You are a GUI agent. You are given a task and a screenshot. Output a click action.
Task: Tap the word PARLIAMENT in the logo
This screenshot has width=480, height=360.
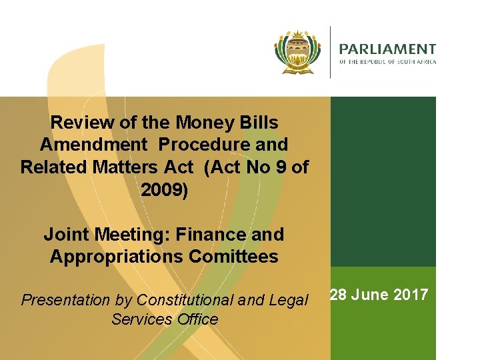[387, 49]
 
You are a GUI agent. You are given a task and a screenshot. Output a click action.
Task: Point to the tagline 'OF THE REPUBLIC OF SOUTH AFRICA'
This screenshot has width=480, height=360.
[387, 62]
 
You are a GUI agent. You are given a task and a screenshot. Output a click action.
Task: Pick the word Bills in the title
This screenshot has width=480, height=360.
[258, 123]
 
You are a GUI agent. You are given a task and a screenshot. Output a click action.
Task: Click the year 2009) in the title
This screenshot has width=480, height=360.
[165, 190]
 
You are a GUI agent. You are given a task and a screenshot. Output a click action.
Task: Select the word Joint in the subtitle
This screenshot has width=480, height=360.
[65, 235]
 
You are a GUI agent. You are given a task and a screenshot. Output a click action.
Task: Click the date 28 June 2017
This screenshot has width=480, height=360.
[379, 295]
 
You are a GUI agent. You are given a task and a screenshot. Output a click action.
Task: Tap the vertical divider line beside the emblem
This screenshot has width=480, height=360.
[330, 52]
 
